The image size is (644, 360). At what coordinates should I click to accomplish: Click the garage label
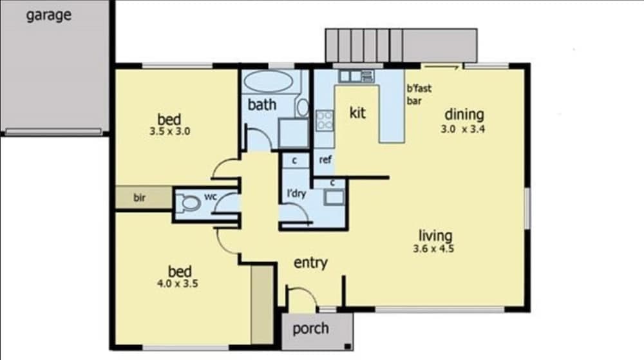coord(48,15)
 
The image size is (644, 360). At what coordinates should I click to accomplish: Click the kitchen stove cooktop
coord(324,120)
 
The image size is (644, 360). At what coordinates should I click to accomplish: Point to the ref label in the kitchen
coord(325,160)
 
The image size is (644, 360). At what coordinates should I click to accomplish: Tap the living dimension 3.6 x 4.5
coord(435,249)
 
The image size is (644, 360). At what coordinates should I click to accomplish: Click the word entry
coord(310,263)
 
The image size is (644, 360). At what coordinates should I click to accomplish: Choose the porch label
coord(310,328)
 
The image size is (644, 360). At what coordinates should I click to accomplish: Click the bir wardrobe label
coord(140,198)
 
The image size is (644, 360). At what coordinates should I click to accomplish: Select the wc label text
coord(211,196)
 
